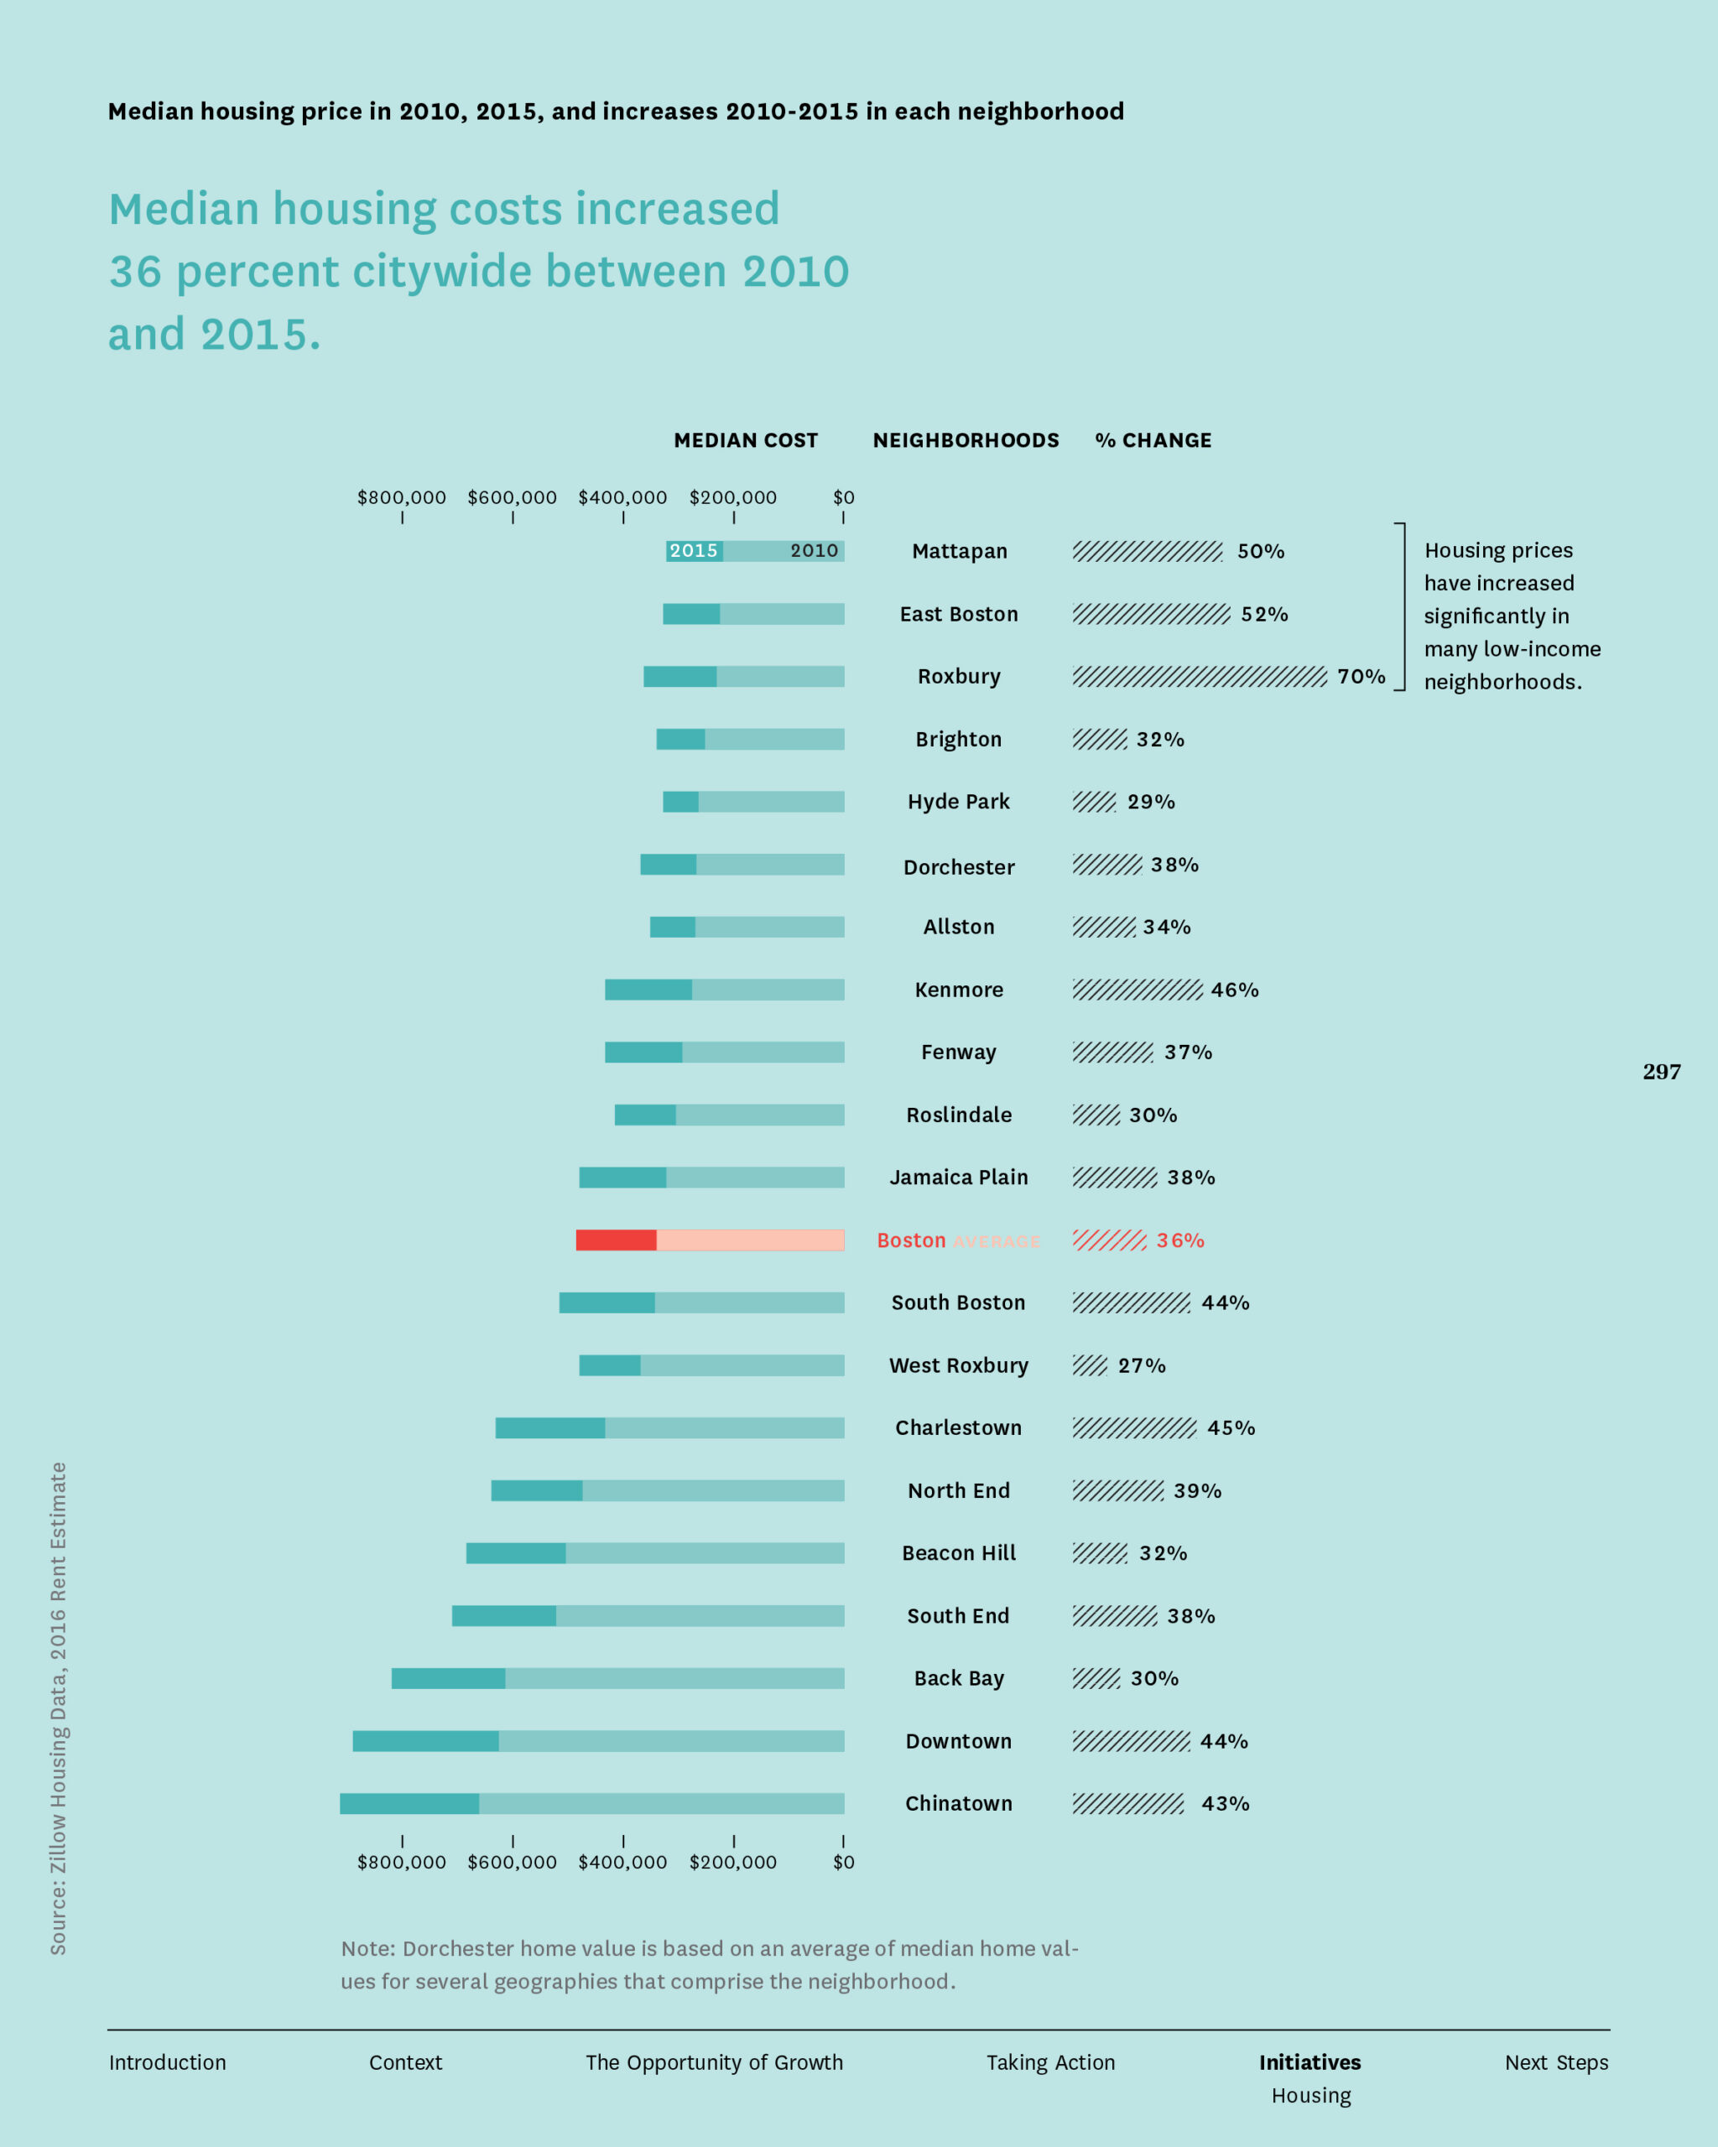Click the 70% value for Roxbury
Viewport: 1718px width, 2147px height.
click(1361, 677)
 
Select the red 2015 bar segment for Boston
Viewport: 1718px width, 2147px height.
click(616, 1240)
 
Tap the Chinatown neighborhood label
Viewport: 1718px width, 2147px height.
click(958, 1803)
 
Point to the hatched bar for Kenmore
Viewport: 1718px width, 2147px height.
click(1137, 990)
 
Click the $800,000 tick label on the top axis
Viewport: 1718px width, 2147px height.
click(401, 498)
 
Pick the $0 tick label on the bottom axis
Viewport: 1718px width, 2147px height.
click(844, 1862)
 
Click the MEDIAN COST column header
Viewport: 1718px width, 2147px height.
click(745, 440)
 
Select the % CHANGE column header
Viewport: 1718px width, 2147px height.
click(1153, 440)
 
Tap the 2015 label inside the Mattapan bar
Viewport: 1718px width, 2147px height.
click(693, 551)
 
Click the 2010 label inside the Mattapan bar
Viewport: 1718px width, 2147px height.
click(814, 551)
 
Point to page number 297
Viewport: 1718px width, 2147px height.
click(1661, 1072)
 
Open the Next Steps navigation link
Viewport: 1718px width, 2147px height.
click(1555, 2062)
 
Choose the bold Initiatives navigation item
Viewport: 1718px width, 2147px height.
click(1309, 2062)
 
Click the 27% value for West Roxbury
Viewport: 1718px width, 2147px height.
click(1142, 1365)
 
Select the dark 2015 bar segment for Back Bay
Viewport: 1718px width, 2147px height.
click(448, 1678)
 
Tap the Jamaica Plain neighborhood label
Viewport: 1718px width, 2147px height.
click(958, 1177)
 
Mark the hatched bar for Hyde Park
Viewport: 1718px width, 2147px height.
click(1094, 802)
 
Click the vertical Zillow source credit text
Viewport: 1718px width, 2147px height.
click(59, 1708)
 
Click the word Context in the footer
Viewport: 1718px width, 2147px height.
click(405, 2062)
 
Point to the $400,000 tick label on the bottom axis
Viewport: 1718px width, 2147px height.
click(622, 1862)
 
